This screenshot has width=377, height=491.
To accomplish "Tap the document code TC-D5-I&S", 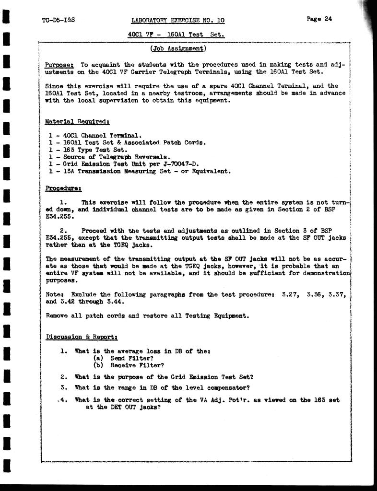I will click(59, 20).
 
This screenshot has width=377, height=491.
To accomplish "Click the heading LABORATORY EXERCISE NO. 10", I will click(177, 20).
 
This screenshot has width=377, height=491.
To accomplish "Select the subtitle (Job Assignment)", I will click(178, 48).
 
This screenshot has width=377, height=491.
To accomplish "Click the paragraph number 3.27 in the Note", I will click(286, 294).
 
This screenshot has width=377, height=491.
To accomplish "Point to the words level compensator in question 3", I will click(219, 387).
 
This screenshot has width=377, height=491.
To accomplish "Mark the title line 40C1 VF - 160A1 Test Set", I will click(177, 35).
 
